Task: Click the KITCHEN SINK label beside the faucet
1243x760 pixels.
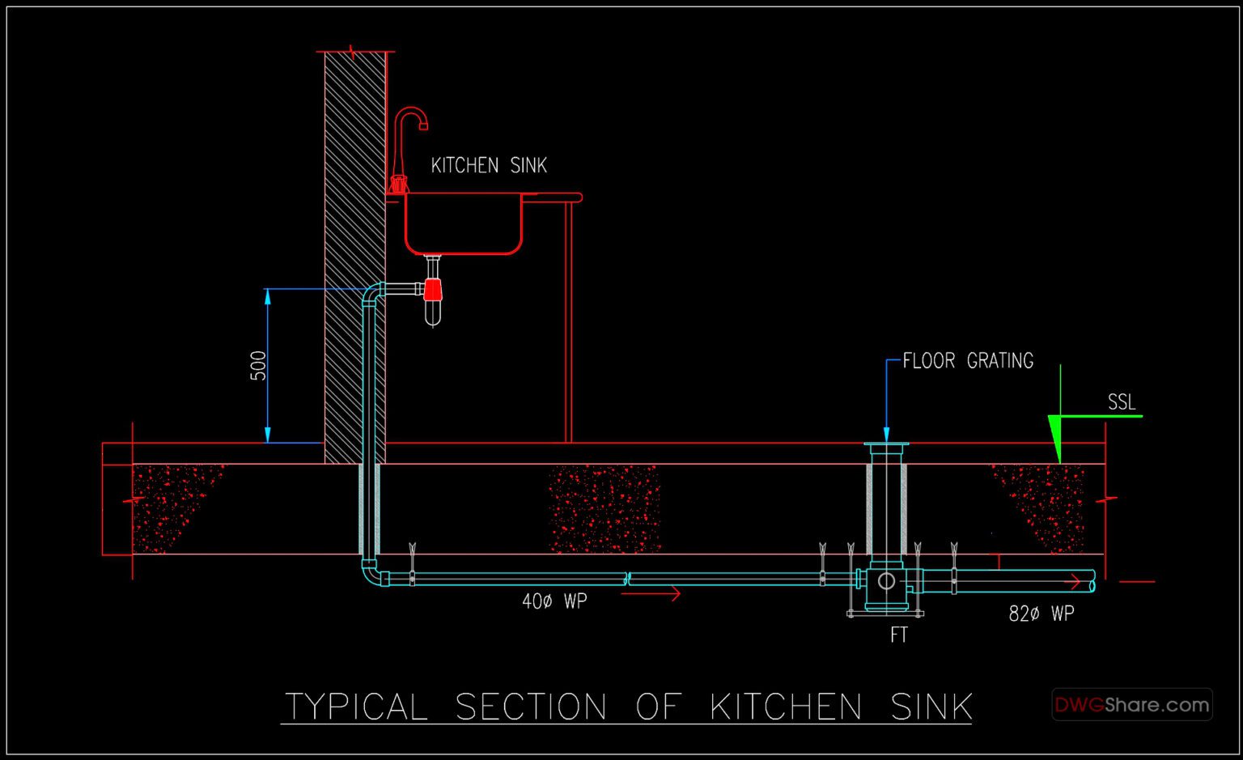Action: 489,166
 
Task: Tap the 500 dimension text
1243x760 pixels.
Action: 258,366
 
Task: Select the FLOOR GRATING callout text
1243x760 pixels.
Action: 968,361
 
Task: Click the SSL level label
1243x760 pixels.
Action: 1122,402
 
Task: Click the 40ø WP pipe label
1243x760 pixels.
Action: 554,601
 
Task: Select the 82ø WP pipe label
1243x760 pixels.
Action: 1041,614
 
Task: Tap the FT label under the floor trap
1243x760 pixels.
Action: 899,635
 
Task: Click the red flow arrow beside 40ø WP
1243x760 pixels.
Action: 651,594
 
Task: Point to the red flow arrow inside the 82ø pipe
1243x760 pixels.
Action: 1072,581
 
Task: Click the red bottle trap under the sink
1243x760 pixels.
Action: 433,290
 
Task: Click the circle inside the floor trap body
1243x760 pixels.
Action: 886,581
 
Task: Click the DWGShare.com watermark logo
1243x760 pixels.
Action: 1131,705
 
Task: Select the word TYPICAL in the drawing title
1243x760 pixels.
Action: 356,707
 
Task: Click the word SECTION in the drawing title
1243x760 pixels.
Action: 531,707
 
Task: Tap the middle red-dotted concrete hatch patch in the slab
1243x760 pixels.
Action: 605,509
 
